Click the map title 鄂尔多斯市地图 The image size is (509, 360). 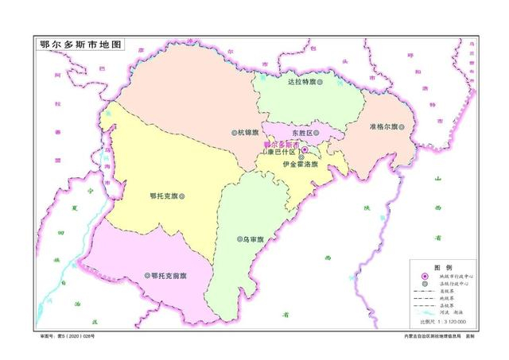[77, 45]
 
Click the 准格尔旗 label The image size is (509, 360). [383, 127]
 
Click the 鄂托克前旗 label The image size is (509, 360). [168, 276]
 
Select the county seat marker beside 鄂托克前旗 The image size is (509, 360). [146, 276]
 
